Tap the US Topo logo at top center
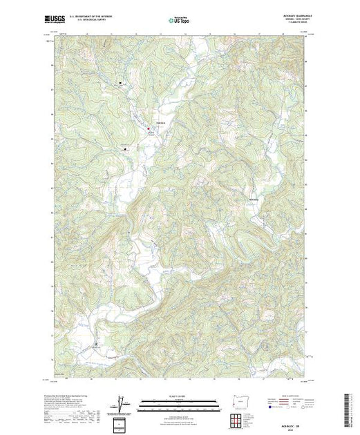coord(180,21)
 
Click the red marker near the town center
coord(147,128)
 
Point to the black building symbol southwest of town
coord(125,148)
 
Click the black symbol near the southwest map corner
coord(96,343)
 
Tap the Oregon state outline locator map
coord(238,401)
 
